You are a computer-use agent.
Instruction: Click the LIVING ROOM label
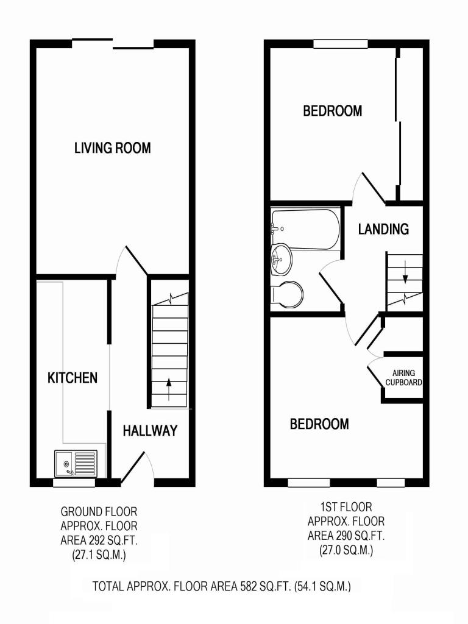point(113,148)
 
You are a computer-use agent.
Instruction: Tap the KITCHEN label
point(73,378)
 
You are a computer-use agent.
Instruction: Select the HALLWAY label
point(150,431)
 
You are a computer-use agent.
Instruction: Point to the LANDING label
point(383,229)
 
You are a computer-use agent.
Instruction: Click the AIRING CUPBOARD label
point(403,378)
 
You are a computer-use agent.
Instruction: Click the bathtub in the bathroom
point(306,229)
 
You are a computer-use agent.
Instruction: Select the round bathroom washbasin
point(282,260)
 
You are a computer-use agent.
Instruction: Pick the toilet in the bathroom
point(287,296)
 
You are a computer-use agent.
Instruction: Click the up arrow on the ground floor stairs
point(169,389)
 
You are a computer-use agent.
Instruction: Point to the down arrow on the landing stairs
point(405,272)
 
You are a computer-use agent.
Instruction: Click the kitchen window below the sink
point(74,483)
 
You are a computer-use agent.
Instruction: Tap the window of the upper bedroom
point(341,44)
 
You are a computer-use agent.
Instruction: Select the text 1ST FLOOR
point(346,507)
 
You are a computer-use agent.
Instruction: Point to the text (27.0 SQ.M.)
point(346,550)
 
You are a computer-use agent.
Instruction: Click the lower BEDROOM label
point(319,424)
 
